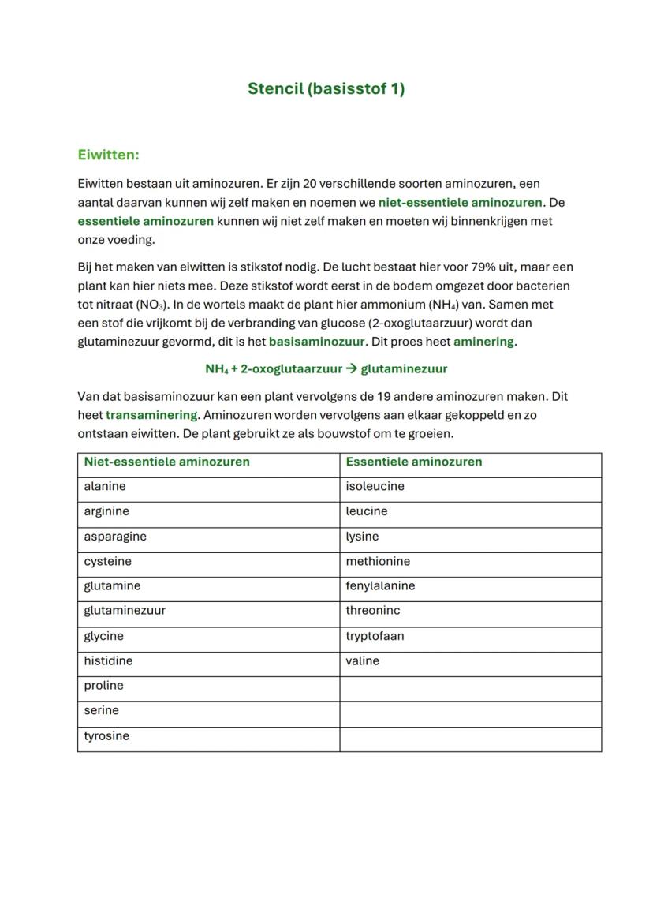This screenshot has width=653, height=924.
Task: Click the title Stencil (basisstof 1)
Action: pos(326,88)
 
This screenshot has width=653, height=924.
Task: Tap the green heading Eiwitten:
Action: pos(108,155)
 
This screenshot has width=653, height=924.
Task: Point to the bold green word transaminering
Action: pos(151,415)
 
